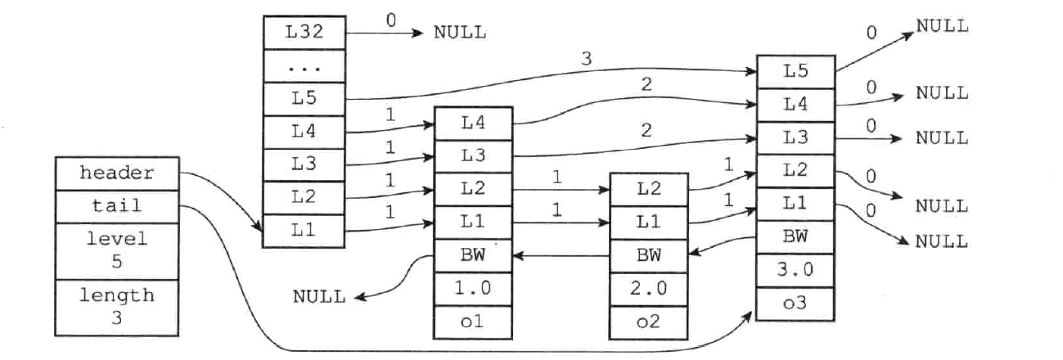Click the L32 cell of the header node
tap(303, 33)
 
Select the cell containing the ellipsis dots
tap(303, 67)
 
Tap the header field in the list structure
tap(118, 173)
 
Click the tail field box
tap(118, 205)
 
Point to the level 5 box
tap(118, 250)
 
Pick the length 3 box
tap(118, 304)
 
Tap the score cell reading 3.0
tap(795, 269)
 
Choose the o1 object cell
tap(473, 322)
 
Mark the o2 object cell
tap(650, 322)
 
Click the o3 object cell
tap(795, 303)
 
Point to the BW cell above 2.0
tap(650, 255)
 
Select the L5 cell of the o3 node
tap(795, 72)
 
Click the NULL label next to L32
tap(459, 33)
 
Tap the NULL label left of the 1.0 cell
tap(319, 296)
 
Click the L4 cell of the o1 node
tap(473, 123)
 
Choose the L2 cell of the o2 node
tap(650, 189)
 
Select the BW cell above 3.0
tap(795, 236)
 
